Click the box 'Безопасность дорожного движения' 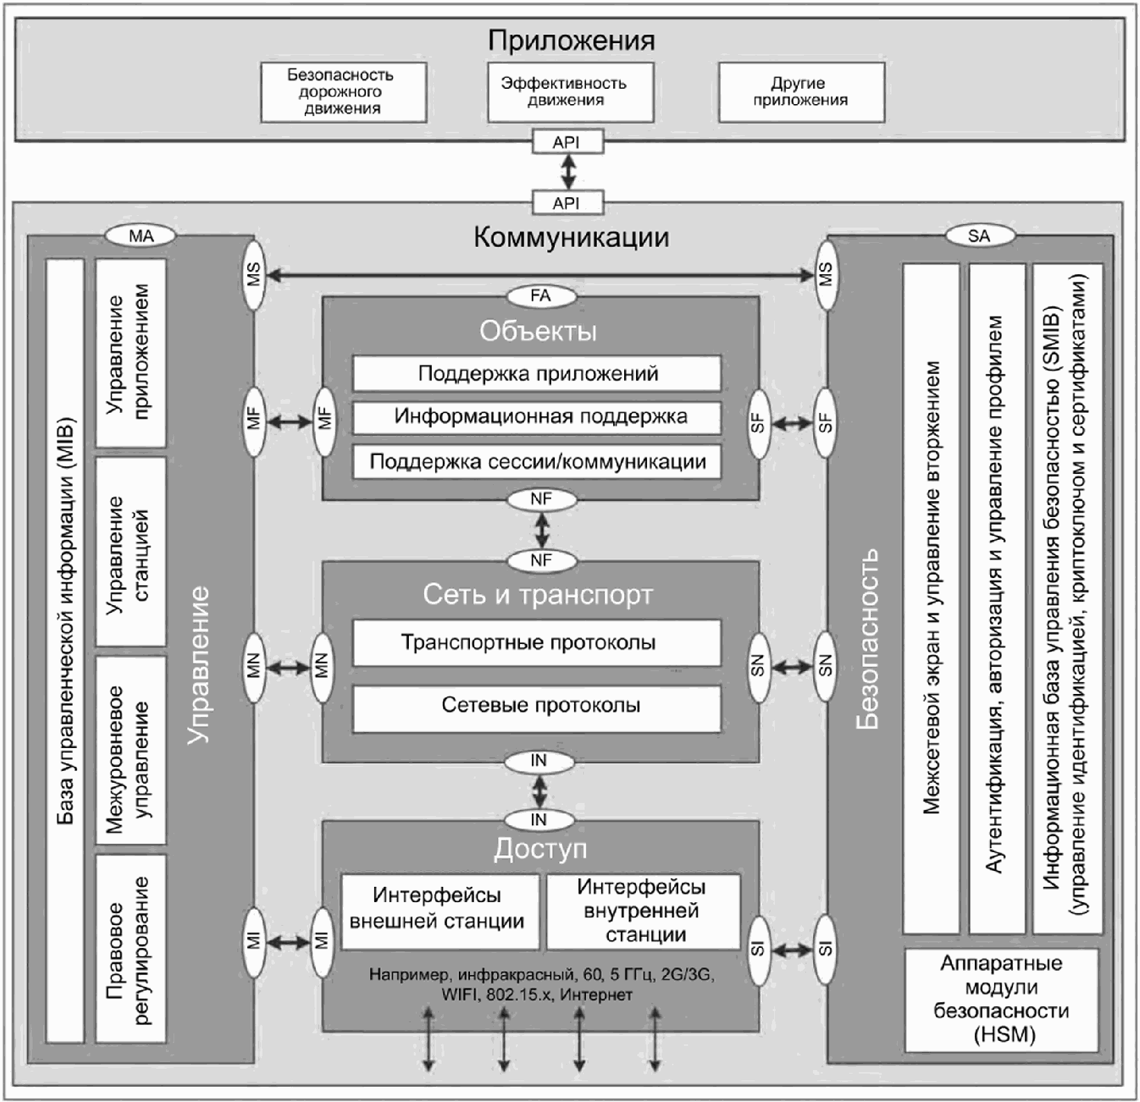(344, 92)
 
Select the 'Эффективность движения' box (571, 92)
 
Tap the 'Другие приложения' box (801, 92)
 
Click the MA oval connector (141, 236)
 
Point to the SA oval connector (979, 236)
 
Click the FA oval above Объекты (541, 296)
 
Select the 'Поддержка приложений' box (537, 374)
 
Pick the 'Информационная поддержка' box (537, 417)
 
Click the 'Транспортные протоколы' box (537, 643)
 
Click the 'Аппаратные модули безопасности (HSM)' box (1002, 1000)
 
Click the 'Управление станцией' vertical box (131, 552)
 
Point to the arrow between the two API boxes (568, 172)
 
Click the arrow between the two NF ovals (542, 529)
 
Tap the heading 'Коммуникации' (571, 237)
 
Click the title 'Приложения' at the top (571, 40)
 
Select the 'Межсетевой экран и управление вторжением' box (931, 599)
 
